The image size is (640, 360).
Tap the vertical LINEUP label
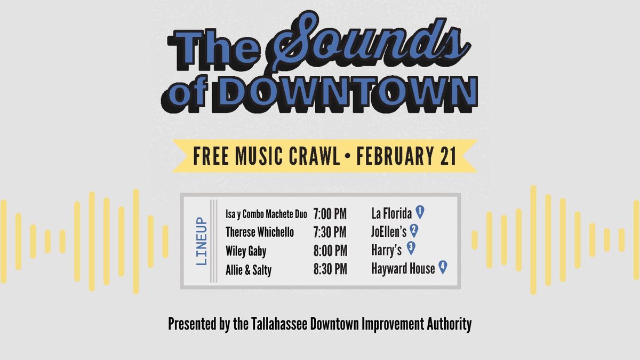tap(201, 241)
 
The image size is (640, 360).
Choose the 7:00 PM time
tap(330, 214)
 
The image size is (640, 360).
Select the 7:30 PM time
tap(330, 232)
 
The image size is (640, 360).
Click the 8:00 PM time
tap(330, 250)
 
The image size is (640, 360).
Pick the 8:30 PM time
tap(330, 269)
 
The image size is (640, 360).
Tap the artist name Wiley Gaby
tap(246, 250)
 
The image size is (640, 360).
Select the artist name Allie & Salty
tap(249, 269)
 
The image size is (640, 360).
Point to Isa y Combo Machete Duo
tap(266, 214)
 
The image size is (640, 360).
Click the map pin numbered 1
tap(420, 212)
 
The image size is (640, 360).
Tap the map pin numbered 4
tap(442, 267)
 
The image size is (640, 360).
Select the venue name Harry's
tap(386, 250)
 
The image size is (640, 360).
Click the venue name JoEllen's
tap(389, 232)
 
